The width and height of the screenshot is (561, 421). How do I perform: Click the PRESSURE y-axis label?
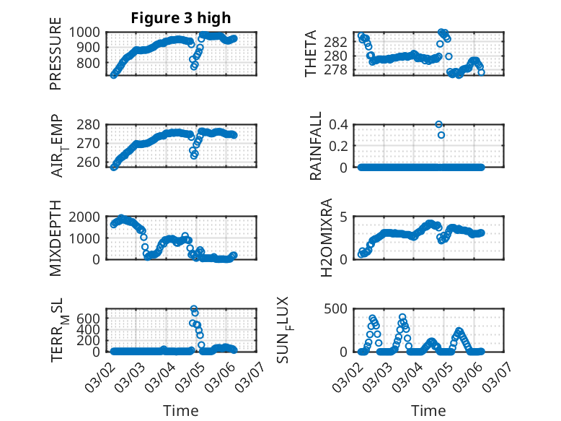pos(56,60)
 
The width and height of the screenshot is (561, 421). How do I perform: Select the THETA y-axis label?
pos(311,53)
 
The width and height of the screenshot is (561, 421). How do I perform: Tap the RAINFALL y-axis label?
pos(315,147)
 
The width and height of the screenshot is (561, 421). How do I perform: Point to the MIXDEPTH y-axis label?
pos(56,238)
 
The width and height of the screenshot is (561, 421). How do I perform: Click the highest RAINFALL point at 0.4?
pos(439,124)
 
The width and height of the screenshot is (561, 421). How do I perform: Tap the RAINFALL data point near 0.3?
pos(441,135)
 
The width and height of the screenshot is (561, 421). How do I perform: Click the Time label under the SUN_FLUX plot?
pos(428,410)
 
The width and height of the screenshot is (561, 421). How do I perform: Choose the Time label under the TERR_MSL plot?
pos(181,410)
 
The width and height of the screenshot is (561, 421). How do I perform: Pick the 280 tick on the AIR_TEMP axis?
pos(92,124)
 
